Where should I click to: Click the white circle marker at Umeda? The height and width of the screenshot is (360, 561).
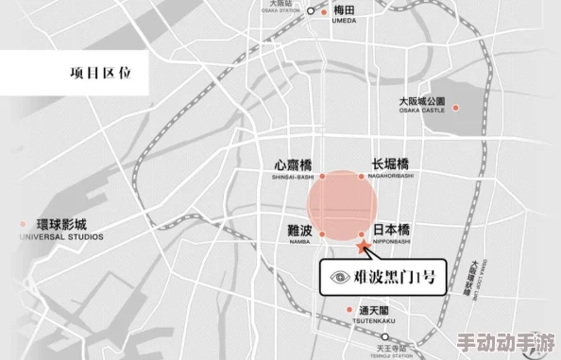pos(311,11)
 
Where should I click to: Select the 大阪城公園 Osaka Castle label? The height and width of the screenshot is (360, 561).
pos(420,103)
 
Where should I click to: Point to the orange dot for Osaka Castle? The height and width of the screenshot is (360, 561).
pos(455,108)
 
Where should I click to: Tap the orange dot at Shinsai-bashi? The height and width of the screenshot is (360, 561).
pos(322,176)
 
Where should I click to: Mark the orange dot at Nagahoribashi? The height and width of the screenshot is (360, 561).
pos(361,176)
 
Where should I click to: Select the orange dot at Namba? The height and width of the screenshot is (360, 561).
pos(322,233)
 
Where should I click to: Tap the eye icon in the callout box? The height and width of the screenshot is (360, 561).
pos(341,277)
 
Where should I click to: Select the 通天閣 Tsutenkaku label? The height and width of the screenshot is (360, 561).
pos(375,314)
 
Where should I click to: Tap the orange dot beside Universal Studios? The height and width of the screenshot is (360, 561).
pos(22,224)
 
